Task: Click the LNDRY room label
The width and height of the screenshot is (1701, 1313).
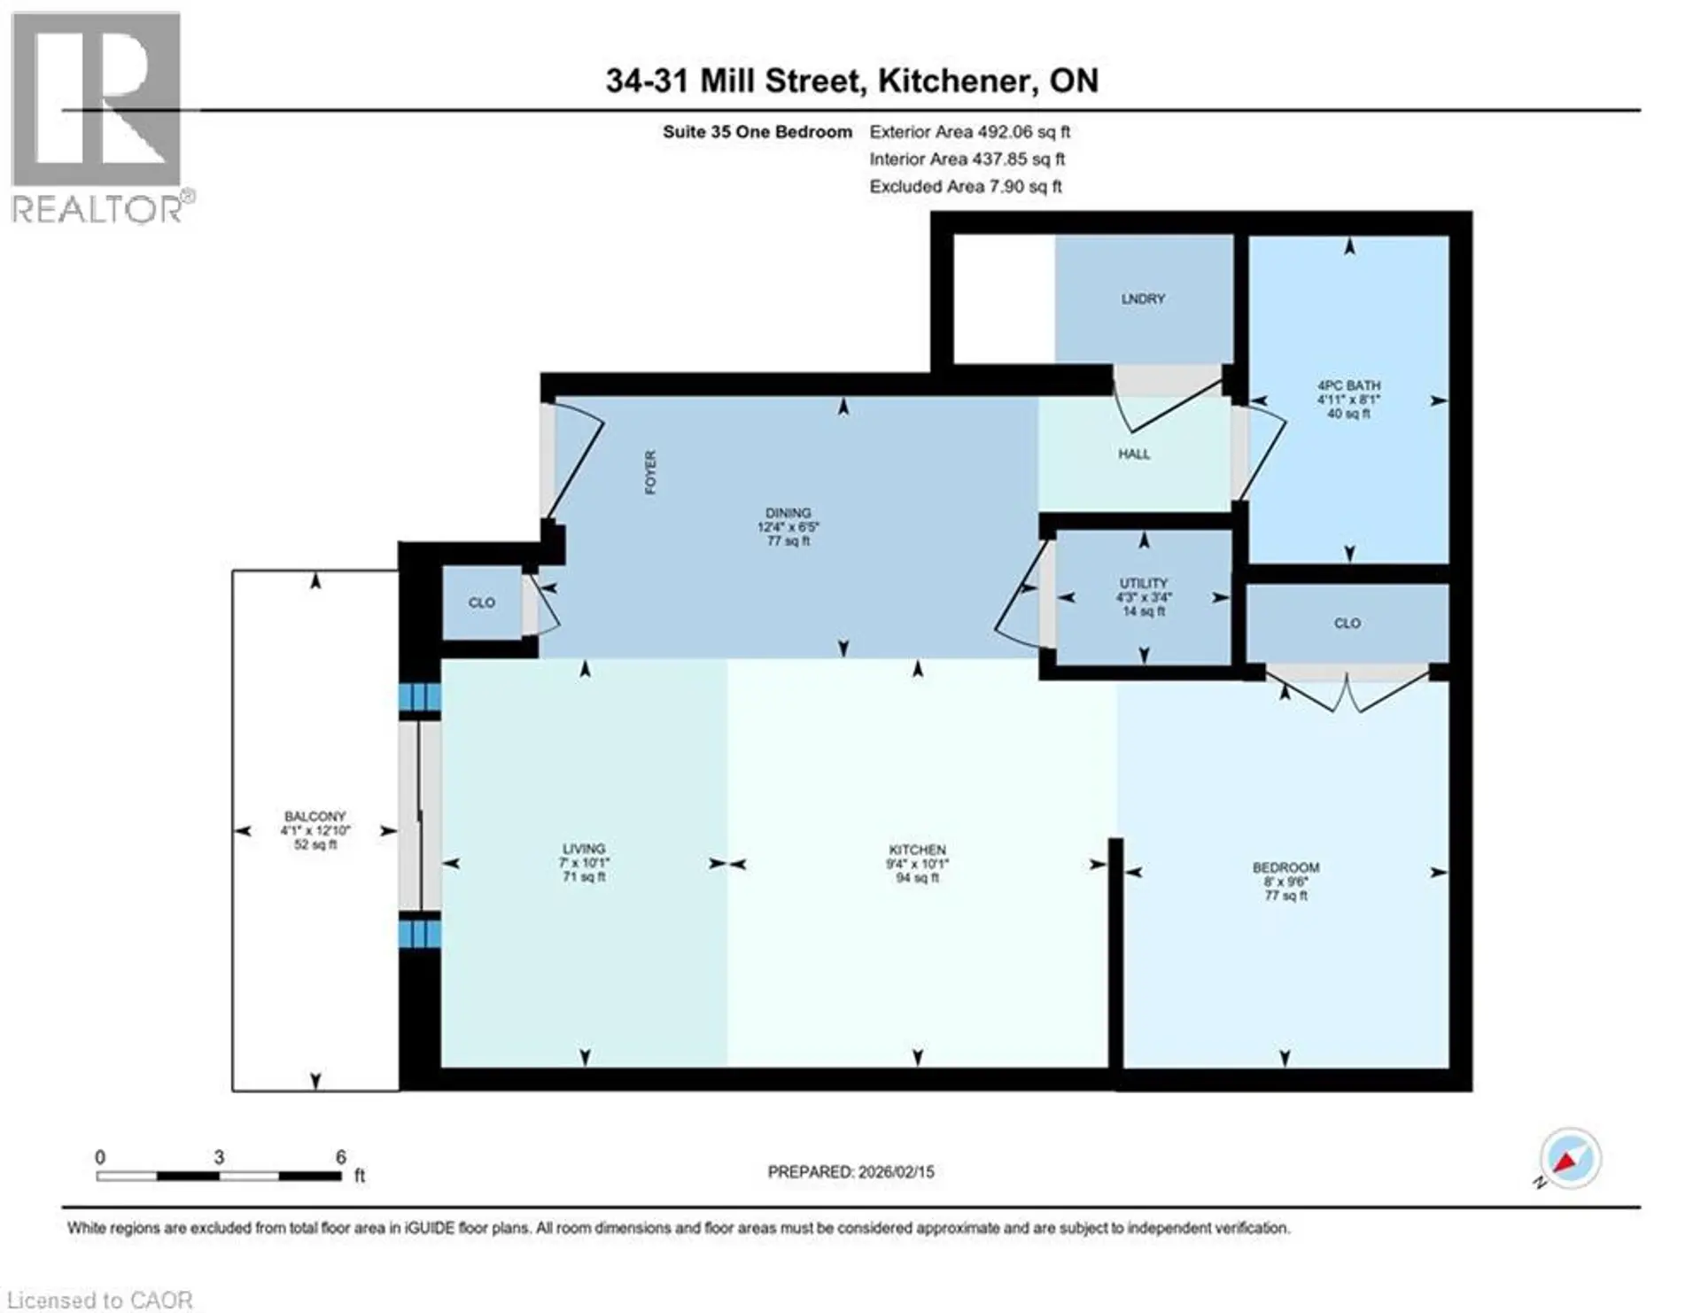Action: [1142, 299]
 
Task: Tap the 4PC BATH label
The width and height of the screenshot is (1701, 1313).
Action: [1348, 386]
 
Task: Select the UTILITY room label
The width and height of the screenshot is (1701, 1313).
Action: [1143, 583]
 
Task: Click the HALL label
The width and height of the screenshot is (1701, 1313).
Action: [1133, 454]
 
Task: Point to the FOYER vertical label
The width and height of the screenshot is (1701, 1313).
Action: [650, 472]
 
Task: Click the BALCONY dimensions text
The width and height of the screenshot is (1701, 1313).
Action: [315, 831]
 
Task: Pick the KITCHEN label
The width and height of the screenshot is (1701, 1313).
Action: [917, 850]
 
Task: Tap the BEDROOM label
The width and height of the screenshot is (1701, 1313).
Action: [1285, 867]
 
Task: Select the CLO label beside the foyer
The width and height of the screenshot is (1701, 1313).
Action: [481, 603]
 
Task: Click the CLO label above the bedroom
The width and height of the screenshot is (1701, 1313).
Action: [1347, 624]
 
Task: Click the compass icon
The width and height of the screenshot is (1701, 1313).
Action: [1570, 1159]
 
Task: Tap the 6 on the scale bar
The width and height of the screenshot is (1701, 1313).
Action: [341, 1157]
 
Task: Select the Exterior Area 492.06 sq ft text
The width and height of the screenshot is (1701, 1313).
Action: [969, 132]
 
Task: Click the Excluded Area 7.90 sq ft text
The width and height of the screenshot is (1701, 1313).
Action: [965, 187]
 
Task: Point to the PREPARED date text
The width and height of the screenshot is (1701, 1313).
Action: [850, 1172]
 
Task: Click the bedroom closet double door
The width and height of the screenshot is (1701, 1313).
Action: [1347, 691]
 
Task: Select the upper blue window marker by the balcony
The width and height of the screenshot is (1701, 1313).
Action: [419, 696]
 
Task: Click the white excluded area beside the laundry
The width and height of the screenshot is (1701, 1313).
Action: [1003, 298]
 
